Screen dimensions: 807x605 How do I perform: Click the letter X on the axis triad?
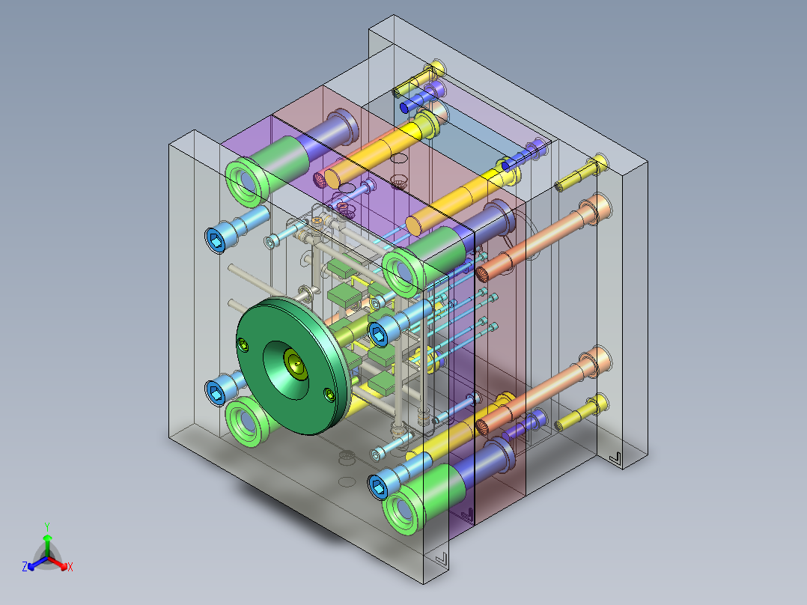click(x=70, y=567)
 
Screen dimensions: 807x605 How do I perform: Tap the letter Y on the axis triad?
click(x=47, y=526)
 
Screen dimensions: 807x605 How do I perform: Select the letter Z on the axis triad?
click(x=25, y=567)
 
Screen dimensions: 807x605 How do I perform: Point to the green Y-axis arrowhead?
click(x=47, y=538)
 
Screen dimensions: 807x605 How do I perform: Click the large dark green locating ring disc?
click(x=293, y=365)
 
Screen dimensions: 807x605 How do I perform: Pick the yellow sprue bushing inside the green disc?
click(x=295, y=363)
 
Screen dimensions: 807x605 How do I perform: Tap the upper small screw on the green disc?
click(x=243, y=345)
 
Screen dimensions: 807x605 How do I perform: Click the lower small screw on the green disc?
click(x=329, y=395)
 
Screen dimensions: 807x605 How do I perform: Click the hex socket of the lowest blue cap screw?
click(x=379, y=487)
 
